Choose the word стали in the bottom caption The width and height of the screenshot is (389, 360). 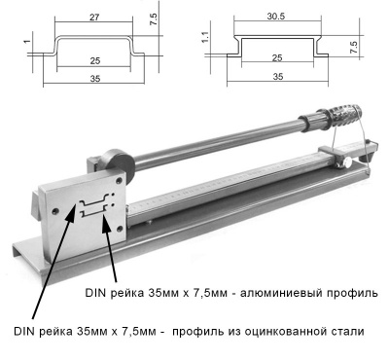click(x=348, y=331)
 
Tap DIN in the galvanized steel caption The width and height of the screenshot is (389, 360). click(x=26, y=331)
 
